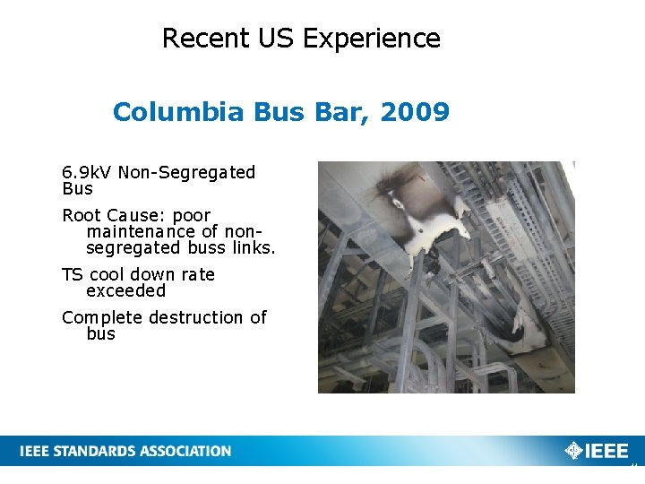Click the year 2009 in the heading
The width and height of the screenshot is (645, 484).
coord(415,112)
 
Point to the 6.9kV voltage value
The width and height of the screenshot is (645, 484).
coord(86,172)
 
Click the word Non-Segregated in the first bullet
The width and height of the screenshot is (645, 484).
coord(187,172)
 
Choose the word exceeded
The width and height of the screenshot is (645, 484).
coord(126,290)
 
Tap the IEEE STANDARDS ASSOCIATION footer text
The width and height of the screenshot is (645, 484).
coord(125,451)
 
